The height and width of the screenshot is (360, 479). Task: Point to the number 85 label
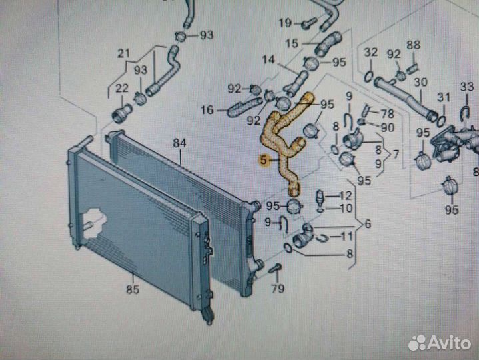point(133,289)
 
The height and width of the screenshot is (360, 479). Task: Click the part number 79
point(278,288)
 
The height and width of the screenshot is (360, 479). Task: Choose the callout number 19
point(285,23)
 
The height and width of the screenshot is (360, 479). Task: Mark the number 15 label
point(292,43)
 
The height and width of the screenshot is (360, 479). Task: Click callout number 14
point(268,59)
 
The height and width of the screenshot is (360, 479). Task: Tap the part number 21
point(123,53)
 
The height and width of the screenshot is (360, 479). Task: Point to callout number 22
point(121,87)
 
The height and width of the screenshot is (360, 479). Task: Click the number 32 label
point(371,52)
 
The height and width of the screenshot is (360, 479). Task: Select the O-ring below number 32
point(368,74)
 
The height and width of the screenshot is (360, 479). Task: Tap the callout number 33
point(466,87)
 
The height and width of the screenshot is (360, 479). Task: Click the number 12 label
point(345,195)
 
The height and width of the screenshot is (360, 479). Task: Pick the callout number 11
point(347,236)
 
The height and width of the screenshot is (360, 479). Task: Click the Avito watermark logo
point(440,342)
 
